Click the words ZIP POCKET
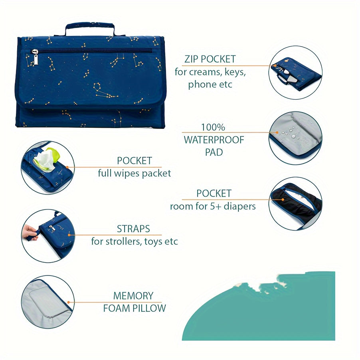point(210,59)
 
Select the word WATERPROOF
point(214,140)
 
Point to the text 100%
point(213,128)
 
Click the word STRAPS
point(133,229)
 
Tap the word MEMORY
point(133,296)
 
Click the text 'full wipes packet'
point(135,174)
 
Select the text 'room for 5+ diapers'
point(213,206)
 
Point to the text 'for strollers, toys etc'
point(135,241)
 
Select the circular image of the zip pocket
point(295,73)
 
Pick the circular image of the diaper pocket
point(295,204)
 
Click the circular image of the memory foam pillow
point(47,302)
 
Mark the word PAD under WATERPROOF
point(214,152)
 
